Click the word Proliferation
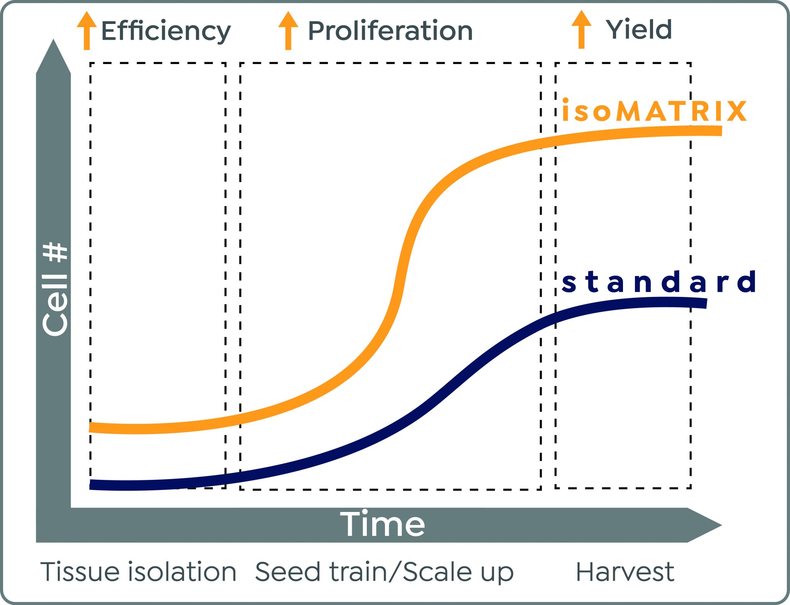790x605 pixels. pos(390,31)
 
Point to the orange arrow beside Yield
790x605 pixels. pos(581,29)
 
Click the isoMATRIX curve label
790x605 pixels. pos(654,111)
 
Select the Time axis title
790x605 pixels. pos(382,524)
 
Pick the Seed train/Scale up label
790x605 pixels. pos(384,572)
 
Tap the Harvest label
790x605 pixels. pos(625,572)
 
